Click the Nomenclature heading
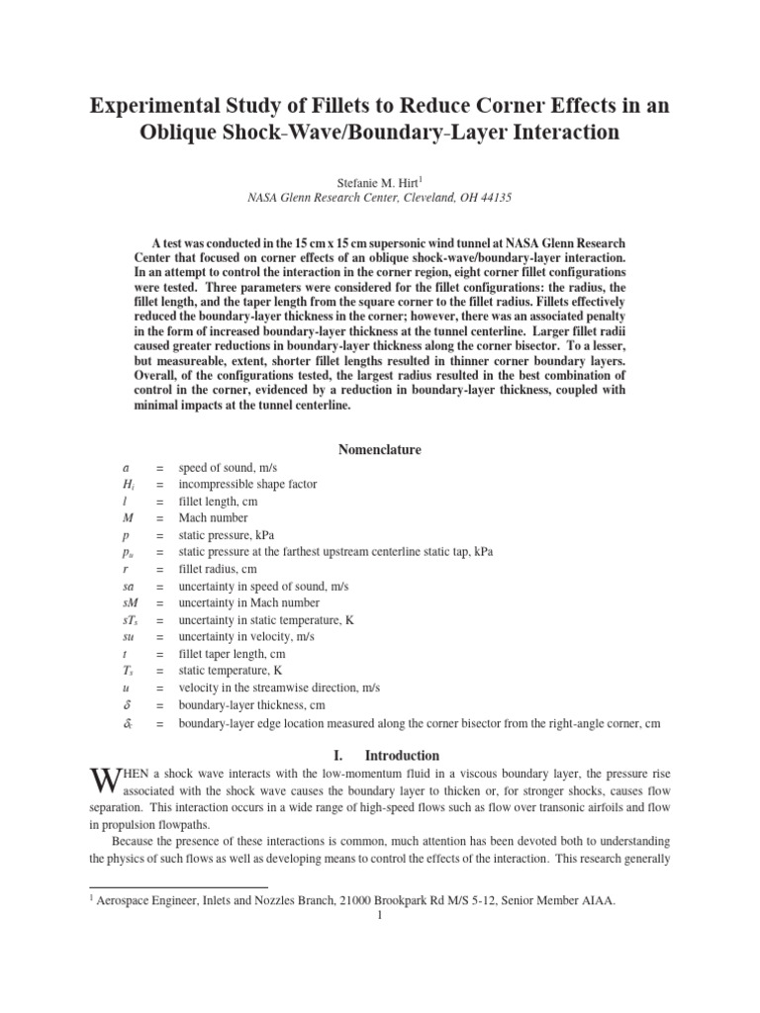click(x=380, y=449)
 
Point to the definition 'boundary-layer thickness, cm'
click(x=252, y=704)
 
